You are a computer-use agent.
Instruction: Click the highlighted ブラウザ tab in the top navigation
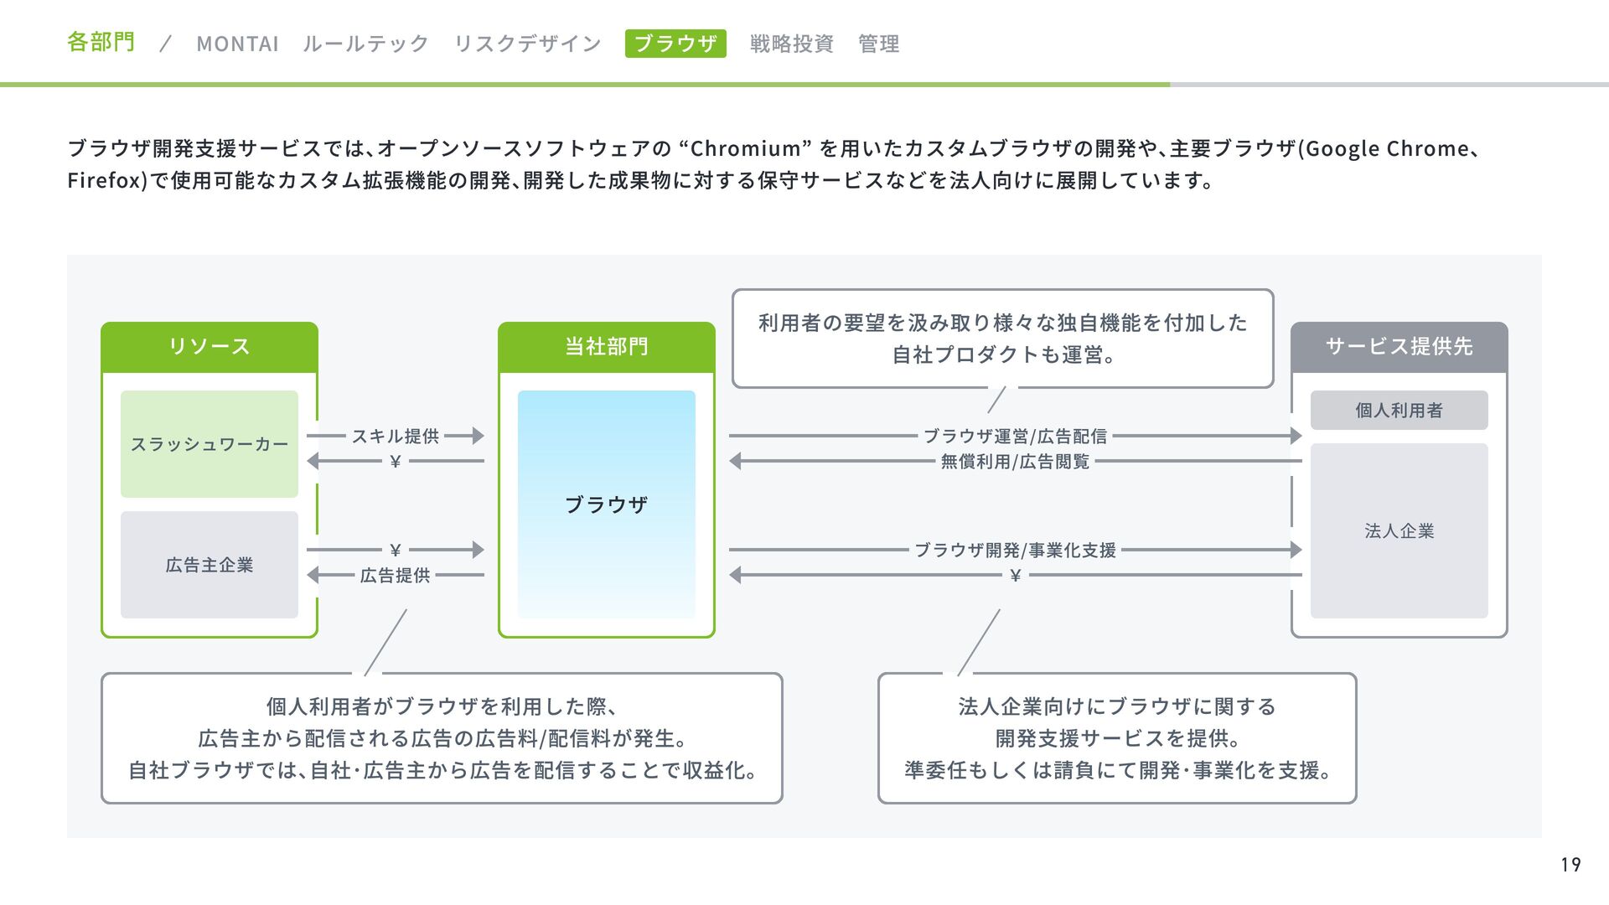[x=675, y=44]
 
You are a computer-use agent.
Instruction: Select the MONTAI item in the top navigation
[x=237, y=44]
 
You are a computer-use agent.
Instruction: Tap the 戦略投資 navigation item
[x=791, y=44]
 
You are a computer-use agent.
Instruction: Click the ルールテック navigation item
[x=365, y=44]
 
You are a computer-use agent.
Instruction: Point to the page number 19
[x=1570, y=864]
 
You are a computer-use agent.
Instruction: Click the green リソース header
[x=210, y=346]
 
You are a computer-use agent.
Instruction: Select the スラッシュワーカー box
[x=210, y=444]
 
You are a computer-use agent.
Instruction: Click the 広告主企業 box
[x=210, y=565]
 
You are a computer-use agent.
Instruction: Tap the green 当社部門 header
[x=607, y=346]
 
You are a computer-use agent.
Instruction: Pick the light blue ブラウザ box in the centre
[x=607, y=504]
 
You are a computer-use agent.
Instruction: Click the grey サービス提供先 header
[x=1399, y=346]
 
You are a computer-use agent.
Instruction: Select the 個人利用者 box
[x=1399, y=410]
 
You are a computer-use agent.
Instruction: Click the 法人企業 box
[x=1399, y=530]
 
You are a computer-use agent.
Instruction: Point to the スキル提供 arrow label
[x=396, y=436]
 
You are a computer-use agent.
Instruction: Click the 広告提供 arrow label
[x=396, y=575]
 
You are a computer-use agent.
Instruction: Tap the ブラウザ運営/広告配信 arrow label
[x=1015, y=436]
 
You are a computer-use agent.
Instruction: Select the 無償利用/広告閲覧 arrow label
[x=1015, y=461]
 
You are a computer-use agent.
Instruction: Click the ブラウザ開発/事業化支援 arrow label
[x=1015, y=550]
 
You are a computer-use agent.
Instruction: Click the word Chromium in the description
[x=746, y=149]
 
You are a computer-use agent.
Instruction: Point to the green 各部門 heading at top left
[x=101, y=42]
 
